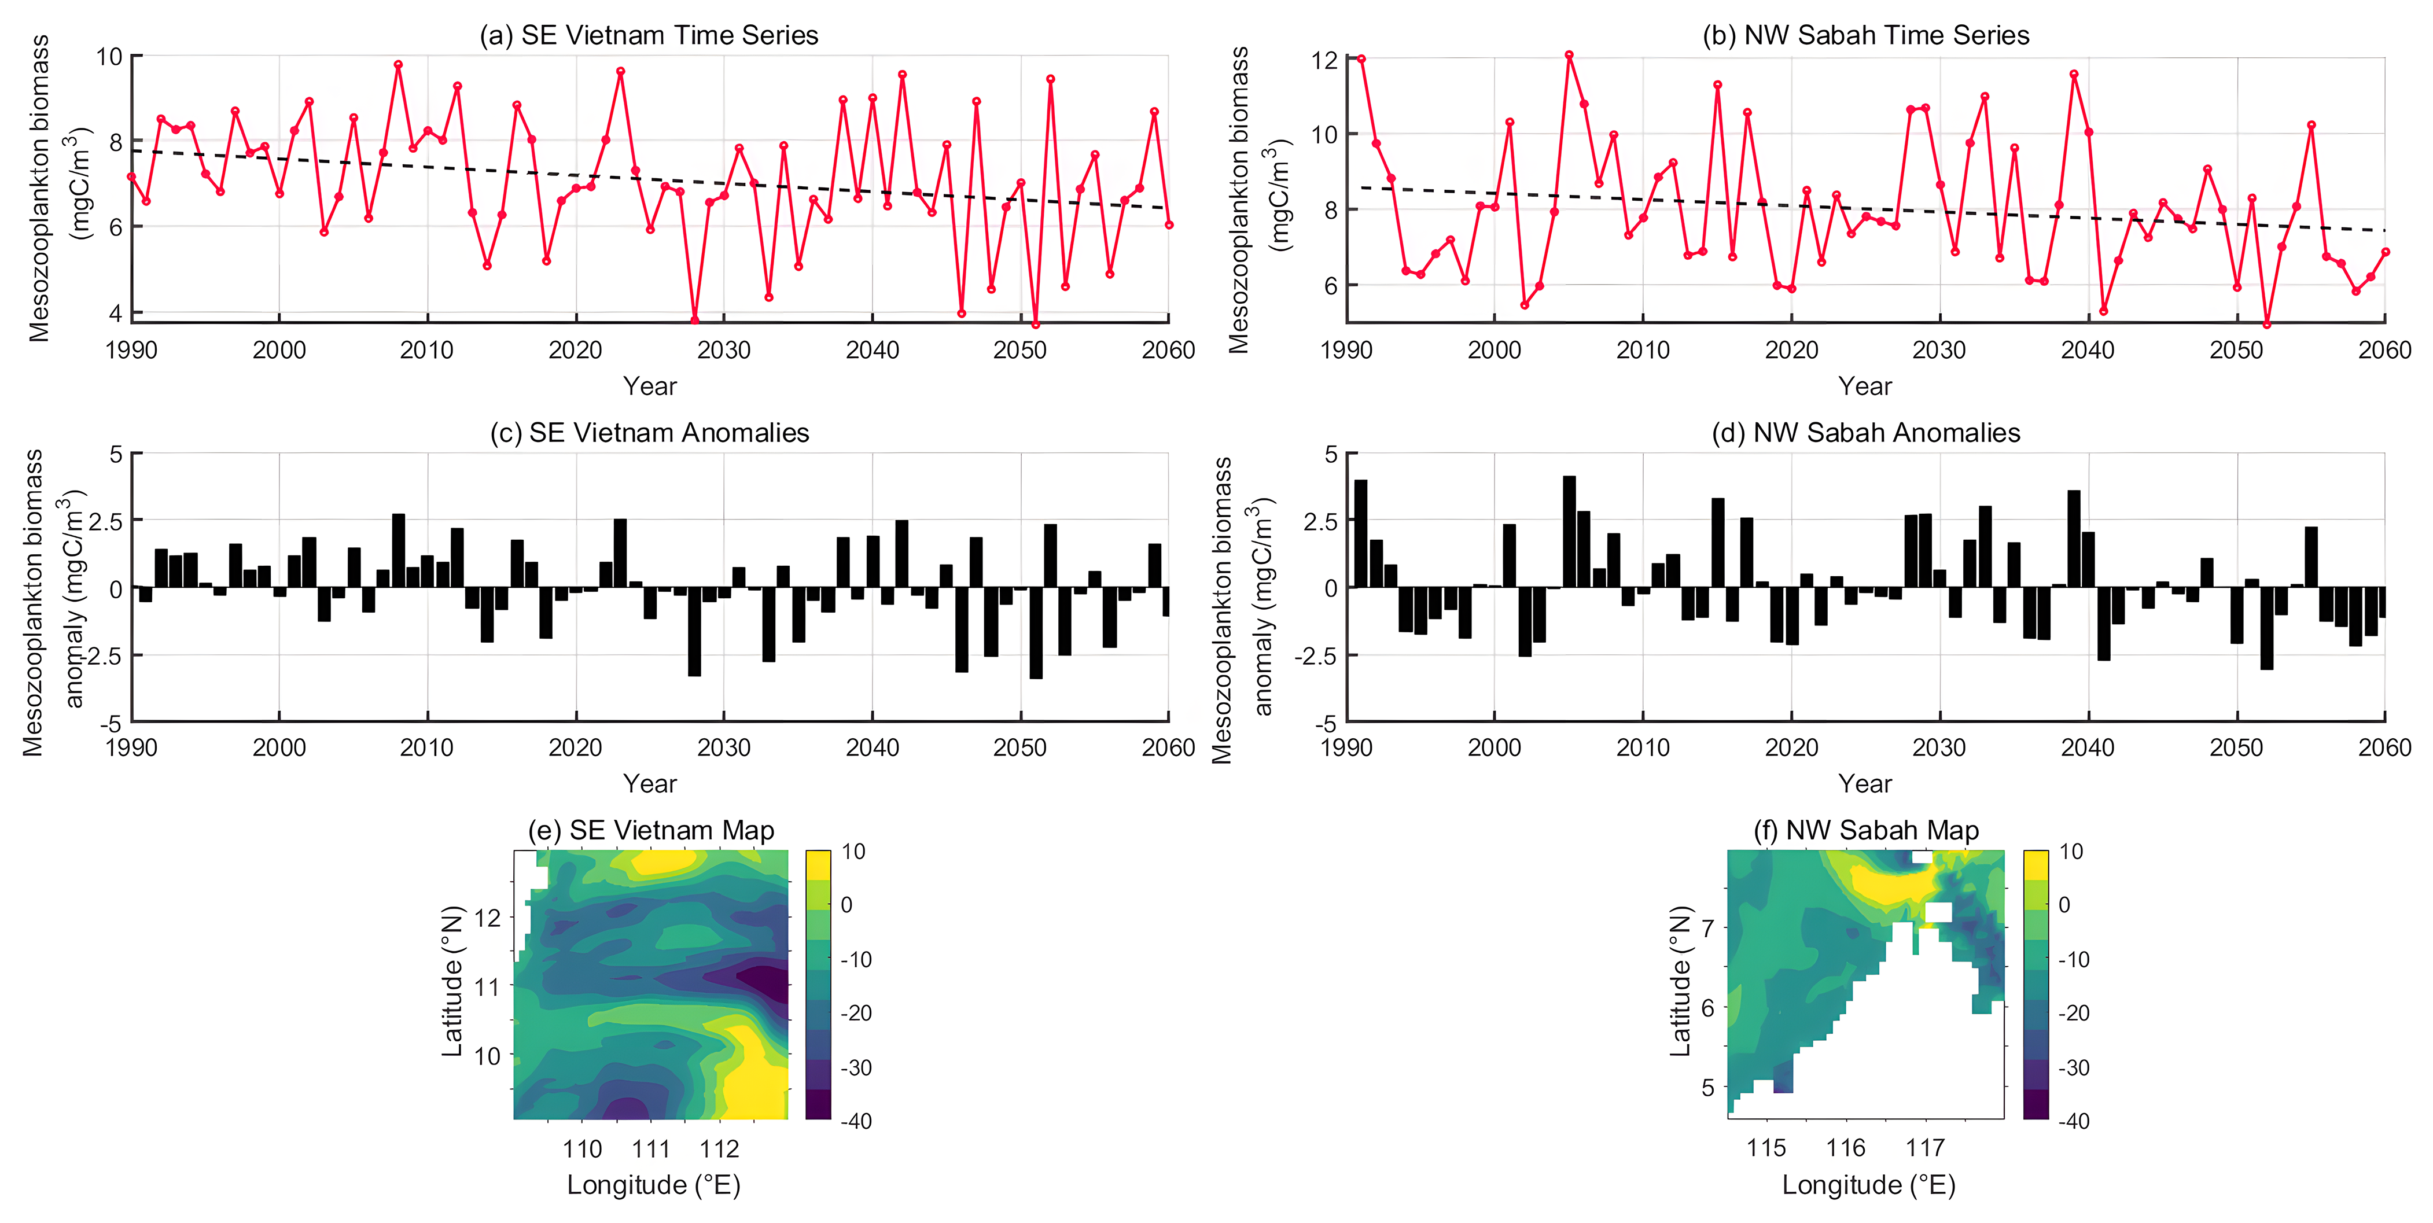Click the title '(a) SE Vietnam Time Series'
[x=649, y=35]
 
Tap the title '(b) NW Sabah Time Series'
[x=1865, y=35]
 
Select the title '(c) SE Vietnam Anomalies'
[x=650, y=433]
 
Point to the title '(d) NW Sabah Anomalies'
[x=1865, y=433]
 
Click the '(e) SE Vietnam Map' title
[x=651, y=830]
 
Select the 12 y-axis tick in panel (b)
[x=1324, y=60]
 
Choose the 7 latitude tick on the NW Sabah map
[x=1707, y=927]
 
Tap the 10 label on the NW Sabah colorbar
[x=2071, y=852]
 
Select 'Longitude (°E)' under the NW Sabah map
[x=1868, y=1185]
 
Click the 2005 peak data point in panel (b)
[x=1569, y=56]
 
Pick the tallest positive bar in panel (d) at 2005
[x=1569, y=532]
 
